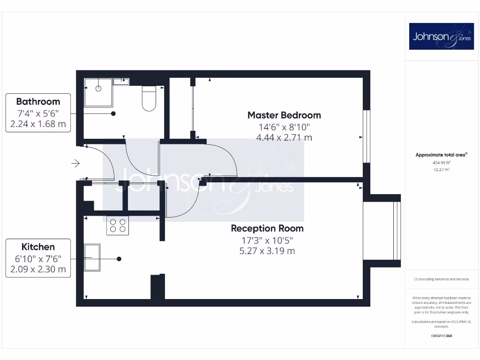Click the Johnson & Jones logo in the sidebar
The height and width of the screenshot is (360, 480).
(441, 36)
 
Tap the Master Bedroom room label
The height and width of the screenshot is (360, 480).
(284, 115)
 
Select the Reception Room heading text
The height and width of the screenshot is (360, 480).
(267, 228)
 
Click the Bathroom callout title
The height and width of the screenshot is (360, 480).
(38, 101)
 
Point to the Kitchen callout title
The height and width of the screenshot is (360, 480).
(38, 247)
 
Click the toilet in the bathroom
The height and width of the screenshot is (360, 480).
(149, 98)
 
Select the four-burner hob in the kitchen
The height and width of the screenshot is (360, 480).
(118, 225)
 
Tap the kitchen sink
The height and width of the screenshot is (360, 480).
(92, 257)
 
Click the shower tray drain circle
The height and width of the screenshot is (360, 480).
(99, 88)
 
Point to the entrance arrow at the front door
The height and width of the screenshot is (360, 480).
(75, 163)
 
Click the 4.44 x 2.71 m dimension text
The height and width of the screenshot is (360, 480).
(284, 137)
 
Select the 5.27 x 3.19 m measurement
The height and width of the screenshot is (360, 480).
(267, 251)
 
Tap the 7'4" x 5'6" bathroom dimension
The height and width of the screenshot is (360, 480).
(38, 113)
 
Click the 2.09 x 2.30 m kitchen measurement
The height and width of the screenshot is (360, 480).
(38, 270)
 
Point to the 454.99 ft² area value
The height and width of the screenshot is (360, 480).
(441, 162)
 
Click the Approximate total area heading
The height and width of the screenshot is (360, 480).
(442, 155)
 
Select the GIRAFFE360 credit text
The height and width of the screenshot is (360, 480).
(441, 336)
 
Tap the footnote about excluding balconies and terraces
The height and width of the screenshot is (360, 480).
(441, 279)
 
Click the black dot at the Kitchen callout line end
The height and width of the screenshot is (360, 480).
(119, 259)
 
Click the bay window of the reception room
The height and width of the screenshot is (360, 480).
(382, 231)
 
